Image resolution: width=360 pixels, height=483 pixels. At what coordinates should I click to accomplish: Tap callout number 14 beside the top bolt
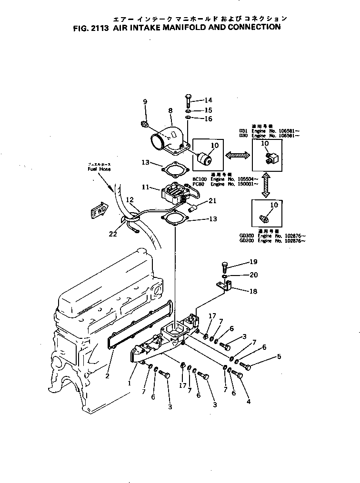(x=208, y=100)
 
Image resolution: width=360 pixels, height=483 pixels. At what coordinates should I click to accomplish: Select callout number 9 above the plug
(x=146, y=101)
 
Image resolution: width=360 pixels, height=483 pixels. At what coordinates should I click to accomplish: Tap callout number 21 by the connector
(x=212, y=201)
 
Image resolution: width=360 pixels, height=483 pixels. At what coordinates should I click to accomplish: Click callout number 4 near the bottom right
(x=248, y=401)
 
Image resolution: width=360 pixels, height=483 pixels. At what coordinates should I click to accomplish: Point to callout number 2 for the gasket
(x=108, y=376)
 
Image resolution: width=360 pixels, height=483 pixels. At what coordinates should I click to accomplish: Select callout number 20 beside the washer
(x=254, y=276)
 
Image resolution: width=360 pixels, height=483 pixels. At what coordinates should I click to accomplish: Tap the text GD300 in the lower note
(x=247, y=236)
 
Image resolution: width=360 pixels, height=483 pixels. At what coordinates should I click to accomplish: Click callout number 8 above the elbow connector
(x=170, y=111)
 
